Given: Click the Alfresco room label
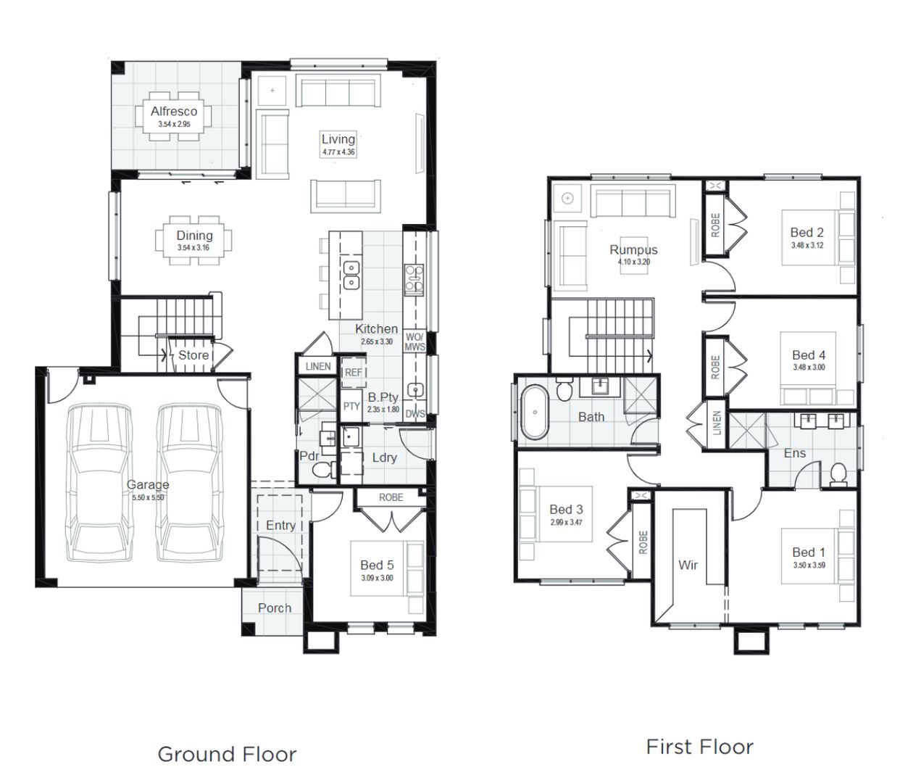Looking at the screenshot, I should pyautogui.click(x=174, y=111).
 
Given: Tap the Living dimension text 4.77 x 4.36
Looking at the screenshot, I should pyautogui.click(x=338, y=152).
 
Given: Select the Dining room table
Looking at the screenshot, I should pyautogui.click(x=194, y=240).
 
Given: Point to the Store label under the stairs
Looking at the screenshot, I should pyautogui.click(x=193, y=355).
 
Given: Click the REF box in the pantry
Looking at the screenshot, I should pyautogui.click(x=353, y=372).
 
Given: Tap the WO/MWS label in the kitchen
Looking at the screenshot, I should pyautogui.click(x=414, y=342).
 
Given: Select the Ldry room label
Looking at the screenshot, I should pyautogui.click(x=384, y=457).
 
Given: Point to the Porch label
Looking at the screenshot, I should pyautogui.click(x=275, y=608).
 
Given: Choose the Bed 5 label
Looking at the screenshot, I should pyautogui.click(x=377, y=565).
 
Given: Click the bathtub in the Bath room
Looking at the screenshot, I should pyautogui.click(x=535, y=413).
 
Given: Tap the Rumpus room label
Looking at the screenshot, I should pyautogui.click(x=633, y=249).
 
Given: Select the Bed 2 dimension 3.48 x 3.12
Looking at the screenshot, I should pyautogui.click(x=807, y=245).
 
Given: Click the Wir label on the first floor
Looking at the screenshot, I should pyautogui.click(x=688, y=564).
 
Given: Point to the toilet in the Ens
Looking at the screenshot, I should pyautogui.click(x=838, y=473).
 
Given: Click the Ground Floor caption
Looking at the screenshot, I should pyautogui.click(x=227, y=754).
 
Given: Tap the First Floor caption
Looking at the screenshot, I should pyautogui.click(x=699, y=747).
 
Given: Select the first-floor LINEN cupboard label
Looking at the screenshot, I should pyautogui.click(x=717, y=423).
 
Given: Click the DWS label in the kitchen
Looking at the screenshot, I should pyautogui.click(x=415, y=414).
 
